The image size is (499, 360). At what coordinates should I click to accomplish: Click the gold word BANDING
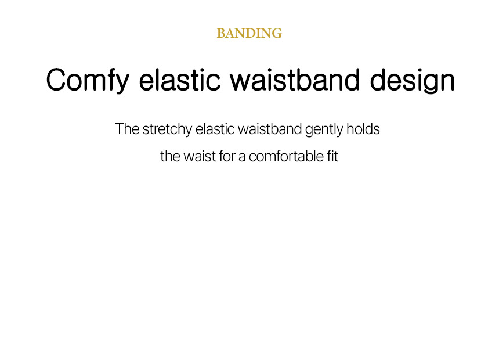click(249, 34)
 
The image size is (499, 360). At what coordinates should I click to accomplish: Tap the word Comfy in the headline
click(88, 81)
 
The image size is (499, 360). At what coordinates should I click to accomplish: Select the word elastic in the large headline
click(179, 80)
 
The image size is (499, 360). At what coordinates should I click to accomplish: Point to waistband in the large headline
click(295, 80)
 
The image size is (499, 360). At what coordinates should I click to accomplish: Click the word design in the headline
click(413, 81)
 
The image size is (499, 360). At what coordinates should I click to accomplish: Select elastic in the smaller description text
click(215, 129)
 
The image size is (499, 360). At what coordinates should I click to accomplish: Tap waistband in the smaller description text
click(270, 129)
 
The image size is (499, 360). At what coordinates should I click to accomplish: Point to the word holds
click(363, 129)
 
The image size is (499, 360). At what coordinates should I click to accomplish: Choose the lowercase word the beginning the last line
click(170, 156)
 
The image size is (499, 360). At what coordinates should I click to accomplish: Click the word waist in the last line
click(200, 156)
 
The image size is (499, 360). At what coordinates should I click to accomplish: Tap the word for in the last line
click(227, 156)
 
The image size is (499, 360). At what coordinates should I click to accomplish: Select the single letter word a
click(242, 158)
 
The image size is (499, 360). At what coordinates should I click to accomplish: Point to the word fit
click(332, 156)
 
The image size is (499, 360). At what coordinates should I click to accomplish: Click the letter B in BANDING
click(221, 34)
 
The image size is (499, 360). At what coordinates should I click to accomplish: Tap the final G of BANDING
click(277, 34)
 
